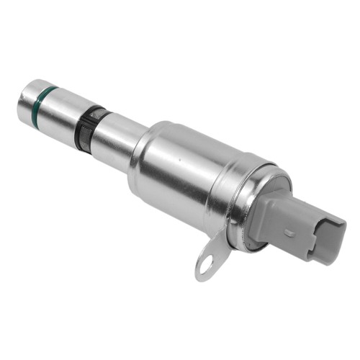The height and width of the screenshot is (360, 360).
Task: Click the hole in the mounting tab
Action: point(206,265)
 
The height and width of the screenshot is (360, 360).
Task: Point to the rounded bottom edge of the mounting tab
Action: point(202,277)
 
